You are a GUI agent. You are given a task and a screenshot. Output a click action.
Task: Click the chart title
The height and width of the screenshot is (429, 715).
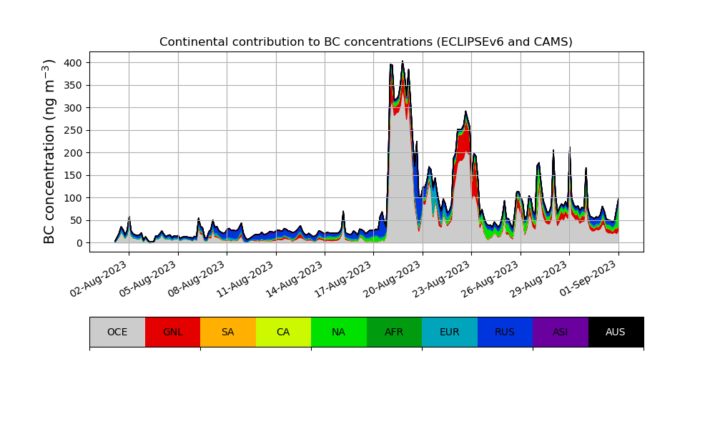(x=365, y=42)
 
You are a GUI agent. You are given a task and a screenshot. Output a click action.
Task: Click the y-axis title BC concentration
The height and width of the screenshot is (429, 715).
(x=49, y=152)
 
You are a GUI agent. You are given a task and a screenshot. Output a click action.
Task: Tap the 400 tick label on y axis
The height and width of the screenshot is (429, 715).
(x=72, y=63)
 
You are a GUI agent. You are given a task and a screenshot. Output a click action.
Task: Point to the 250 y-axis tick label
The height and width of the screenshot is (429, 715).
(x=72, y=130)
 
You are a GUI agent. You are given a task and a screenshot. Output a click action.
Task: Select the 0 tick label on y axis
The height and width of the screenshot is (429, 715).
(x=79, y=243)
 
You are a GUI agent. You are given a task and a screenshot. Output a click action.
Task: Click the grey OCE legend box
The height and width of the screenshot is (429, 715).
(x=117, y=332)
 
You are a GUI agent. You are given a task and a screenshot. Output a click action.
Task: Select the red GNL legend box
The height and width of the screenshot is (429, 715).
(x=172, y=332)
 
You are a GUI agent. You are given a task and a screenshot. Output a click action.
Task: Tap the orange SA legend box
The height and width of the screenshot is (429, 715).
(x=227, y=332)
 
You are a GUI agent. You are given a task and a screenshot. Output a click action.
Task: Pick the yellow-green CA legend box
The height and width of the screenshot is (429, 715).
(x=283, y=332)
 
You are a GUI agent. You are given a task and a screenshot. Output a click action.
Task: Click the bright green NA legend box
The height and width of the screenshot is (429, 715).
(x=338, y=332)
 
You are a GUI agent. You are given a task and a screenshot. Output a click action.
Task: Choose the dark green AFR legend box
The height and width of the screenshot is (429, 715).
(x=394, y=332)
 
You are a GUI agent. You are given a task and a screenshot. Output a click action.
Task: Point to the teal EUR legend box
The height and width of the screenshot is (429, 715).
(x=449, y=332)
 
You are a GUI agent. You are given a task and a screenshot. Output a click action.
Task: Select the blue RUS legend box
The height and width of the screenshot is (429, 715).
(x=505, y=332)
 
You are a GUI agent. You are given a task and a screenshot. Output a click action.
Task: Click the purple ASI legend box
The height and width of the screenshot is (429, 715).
(x=560, y=332)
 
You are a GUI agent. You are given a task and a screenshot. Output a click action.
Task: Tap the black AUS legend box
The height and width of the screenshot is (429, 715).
(x=616, y=332)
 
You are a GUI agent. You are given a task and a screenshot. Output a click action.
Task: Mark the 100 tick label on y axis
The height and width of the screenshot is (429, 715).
(x=72, y=198)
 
